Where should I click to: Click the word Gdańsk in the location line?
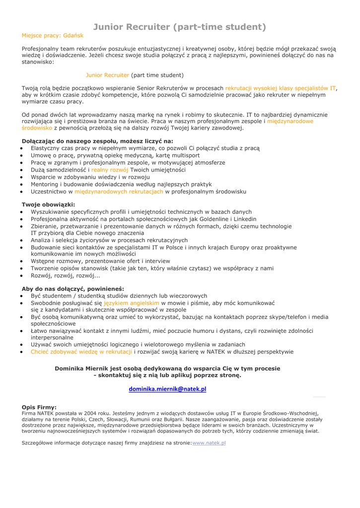72,36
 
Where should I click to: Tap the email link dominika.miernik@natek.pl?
167,389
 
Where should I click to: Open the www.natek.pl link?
209,443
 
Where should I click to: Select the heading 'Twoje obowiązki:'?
49,204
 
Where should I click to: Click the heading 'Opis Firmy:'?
39,407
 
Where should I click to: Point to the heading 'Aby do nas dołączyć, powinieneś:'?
73,288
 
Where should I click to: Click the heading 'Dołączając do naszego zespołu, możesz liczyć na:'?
97,141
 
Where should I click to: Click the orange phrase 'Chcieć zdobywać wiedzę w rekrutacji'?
81,352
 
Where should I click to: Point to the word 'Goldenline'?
211,219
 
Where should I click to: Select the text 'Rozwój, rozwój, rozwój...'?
66,275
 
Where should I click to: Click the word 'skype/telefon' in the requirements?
288,317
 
